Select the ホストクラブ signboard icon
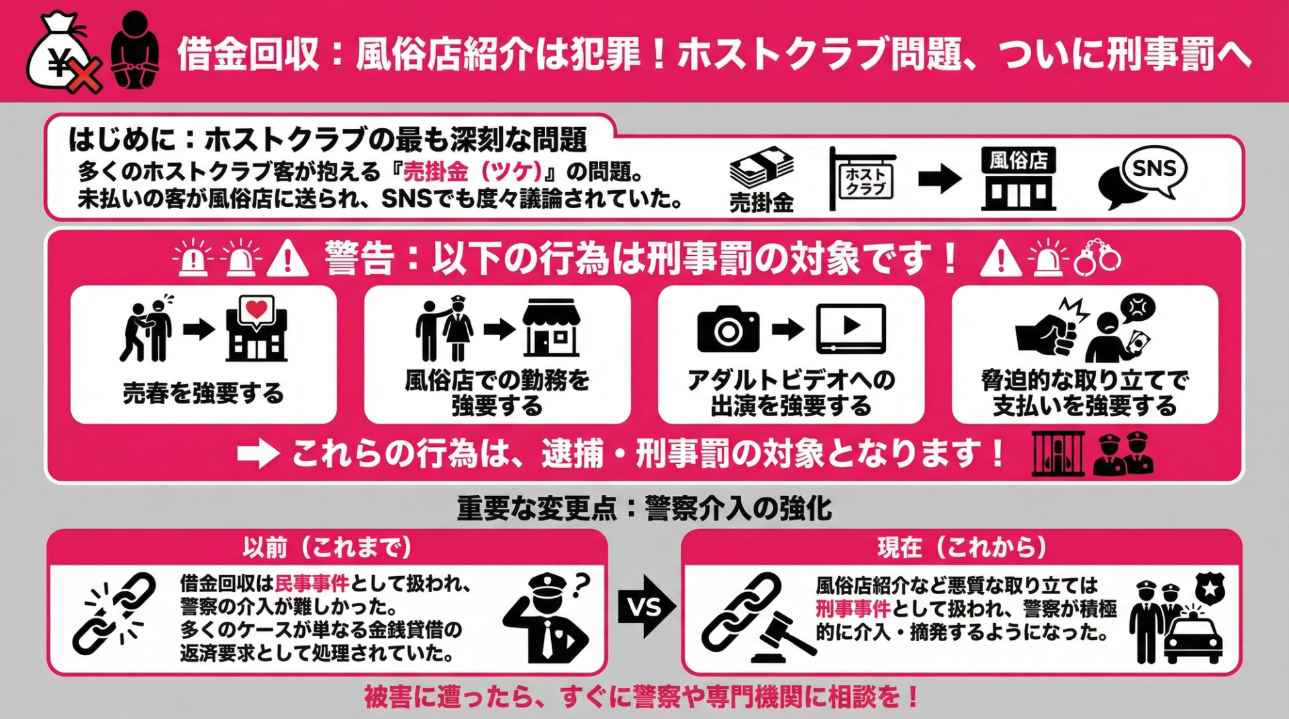pyautogui.click(x=864, y=179)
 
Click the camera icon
pyautogui.click(x=728, y=329)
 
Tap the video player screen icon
pyautogui.click(x=851, y=328)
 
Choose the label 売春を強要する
pyautogui.click(x=203, y=393)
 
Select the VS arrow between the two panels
pyautogui.click(x=644, y=607)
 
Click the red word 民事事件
pyautogui.click(x=312, y=583)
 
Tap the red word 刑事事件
pyautogui.click(x=852, y=609)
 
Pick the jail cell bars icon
pyautogui.click(x=1057, y=454)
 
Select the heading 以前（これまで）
pyautogui.click(x=327, y=548)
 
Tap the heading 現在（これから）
pyautogui.click(x=961, y=548)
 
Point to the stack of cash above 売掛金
pyautogui.click(x=761, y=168)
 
